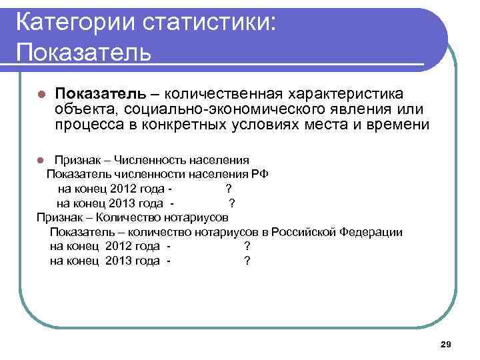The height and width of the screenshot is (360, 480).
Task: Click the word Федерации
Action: point(371,232)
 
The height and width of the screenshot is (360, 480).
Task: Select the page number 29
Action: point(446,343)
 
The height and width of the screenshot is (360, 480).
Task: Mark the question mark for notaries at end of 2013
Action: point(247,261)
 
